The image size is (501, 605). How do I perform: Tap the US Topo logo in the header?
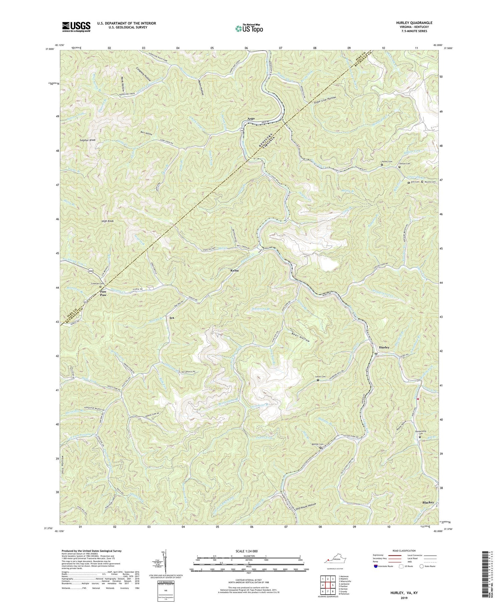249,28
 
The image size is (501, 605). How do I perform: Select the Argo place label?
251,119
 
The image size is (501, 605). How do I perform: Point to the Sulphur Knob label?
88,140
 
